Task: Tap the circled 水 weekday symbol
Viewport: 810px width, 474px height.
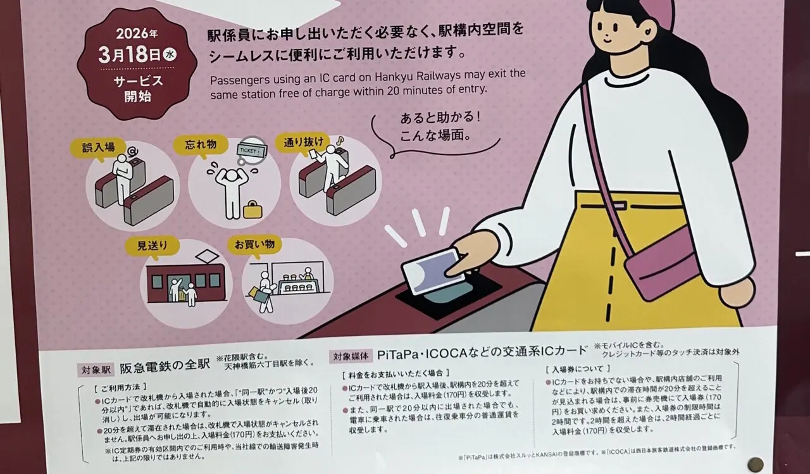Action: point(170,54)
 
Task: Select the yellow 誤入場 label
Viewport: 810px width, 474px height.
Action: point(94,147)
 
